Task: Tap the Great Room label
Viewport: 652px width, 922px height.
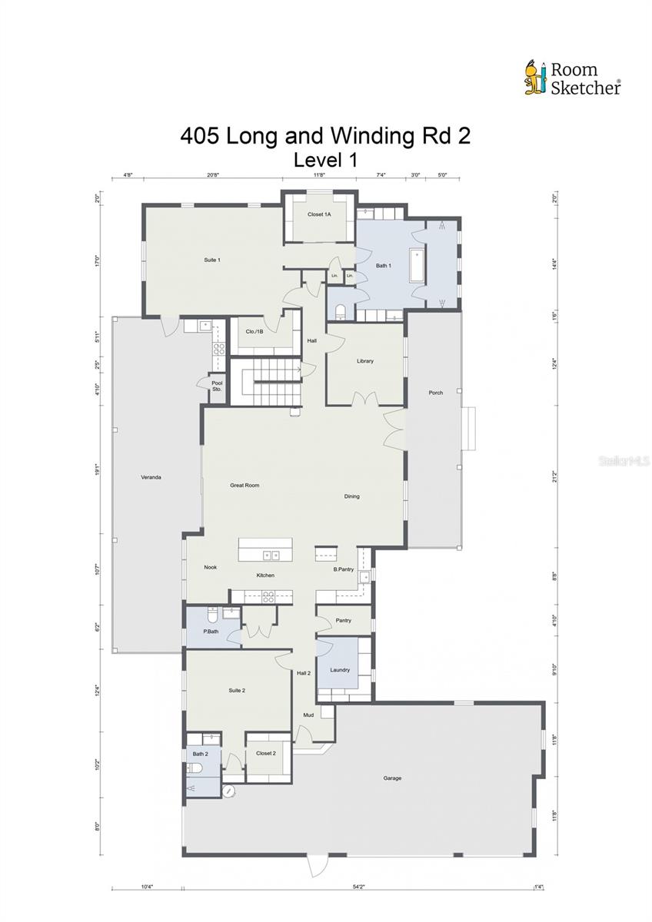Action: tap(244, 486)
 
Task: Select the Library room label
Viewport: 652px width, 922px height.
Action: tap(364, 361)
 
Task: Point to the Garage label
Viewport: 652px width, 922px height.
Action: tap(392, 778)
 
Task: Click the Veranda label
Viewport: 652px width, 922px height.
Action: tap(151, 478)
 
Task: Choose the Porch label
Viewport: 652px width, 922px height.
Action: tap(435, 393)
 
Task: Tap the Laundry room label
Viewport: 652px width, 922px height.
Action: tap(340, 670)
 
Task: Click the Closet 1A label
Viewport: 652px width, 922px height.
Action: tap(319, 214)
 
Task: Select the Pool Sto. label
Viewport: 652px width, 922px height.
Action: tap(217, 386)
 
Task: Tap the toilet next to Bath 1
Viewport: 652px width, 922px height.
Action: tap(341, 311)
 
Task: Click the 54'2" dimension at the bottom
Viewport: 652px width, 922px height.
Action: tap(358, 887)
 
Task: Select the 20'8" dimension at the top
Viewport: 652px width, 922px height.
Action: tap(213, 175)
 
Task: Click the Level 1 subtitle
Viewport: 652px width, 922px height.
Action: tap(324, 160)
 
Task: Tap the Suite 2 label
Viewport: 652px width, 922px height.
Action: tap(237, 691)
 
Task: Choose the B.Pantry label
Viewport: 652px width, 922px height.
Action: tap(343, 569)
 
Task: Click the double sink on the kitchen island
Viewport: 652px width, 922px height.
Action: tap(271, 554)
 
